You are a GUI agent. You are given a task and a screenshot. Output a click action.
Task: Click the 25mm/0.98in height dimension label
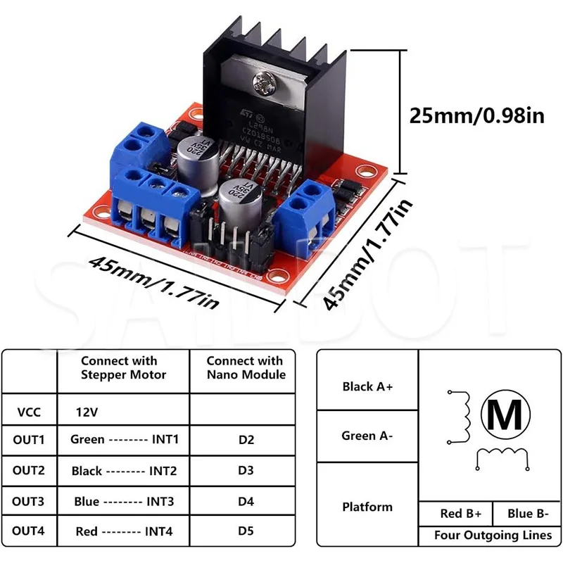point(477,115)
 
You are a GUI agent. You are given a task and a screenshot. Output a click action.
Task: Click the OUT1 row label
point(29,440)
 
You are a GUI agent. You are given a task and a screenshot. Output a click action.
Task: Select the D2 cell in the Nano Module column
point(246,440)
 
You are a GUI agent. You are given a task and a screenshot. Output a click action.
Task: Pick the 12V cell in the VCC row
point(87,410)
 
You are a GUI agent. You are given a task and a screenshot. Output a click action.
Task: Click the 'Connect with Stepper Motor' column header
point(123,367)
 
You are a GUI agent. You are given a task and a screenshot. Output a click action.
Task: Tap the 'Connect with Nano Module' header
point(245,367)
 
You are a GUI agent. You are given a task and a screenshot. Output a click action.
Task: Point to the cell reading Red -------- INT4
point(123,531)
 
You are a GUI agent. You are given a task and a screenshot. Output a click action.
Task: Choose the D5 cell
point(246,531)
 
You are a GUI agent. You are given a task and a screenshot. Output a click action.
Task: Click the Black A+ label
point(367,386)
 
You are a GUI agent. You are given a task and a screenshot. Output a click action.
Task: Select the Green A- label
point(367,436)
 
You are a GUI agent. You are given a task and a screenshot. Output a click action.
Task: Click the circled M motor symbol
point(505,415)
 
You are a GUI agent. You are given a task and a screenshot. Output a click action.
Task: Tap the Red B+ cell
point(455,513)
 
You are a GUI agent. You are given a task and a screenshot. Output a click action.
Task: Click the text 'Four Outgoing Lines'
point(493,536)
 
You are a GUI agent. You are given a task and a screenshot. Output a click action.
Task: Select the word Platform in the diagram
point(367,507)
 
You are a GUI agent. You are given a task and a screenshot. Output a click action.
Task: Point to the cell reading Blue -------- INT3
point(123,502)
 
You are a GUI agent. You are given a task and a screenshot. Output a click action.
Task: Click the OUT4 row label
point(29,531)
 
